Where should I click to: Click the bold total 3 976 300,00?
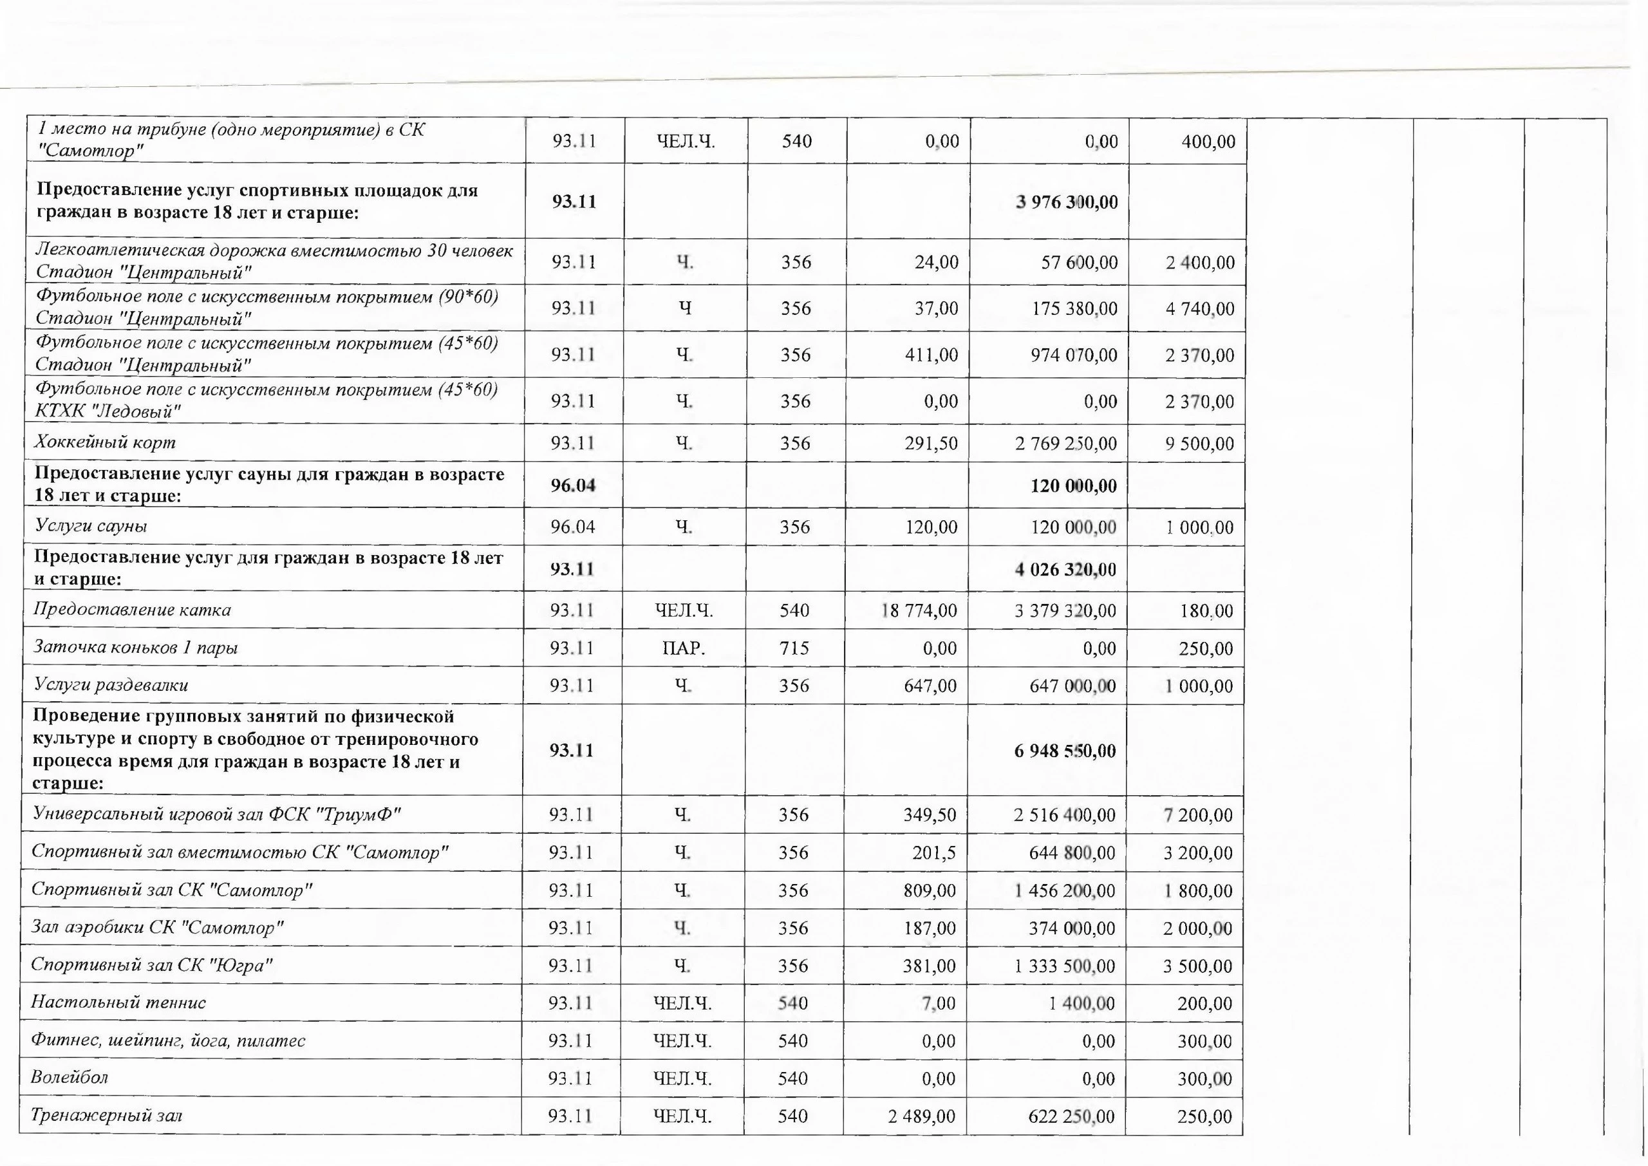[x=1067, y=202]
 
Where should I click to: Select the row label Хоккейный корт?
[x=106, y=442]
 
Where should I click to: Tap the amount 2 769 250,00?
[x=1066, y=444]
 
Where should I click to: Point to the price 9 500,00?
[x=1199, y=444]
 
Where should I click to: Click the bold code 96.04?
[x=573, y=485]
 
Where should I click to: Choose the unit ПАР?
[x=683, y=648]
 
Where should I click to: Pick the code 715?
[x=794, y=648]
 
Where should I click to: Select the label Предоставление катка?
[x=133, y=610]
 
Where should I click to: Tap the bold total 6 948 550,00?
[x=1065, y=751]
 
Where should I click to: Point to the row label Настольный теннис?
[x=118, y=1002]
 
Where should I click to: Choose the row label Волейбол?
[x=70, y=1077]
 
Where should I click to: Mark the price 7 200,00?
[x=1198, y=815]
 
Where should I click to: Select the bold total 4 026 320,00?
[x=1066, y=570]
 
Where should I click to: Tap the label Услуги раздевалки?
[x=111, y=684]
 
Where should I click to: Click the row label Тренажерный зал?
[x=106, y=1115]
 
